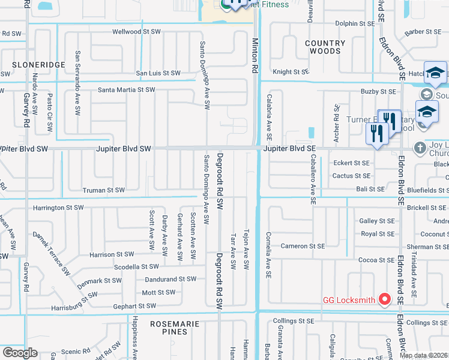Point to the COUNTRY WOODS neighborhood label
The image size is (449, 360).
click(325, 47)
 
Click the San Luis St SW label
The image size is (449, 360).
click(158, 73)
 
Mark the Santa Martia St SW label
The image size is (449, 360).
click(127, 90)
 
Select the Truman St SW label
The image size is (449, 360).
click(103, 190)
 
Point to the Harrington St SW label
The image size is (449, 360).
click(58, 208)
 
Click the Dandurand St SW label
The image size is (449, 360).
click(170, 279)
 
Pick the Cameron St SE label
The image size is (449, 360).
click(303, 246)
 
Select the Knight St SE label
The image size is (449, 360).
click(291, 72)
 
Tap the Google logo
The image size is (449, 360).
click(20, 353)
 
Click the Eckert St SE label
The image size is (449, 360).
click(352, 163)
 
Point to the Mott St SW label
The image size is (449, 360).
click(158, 293)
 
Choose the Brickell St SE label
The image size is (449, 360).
click(426, 207)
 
